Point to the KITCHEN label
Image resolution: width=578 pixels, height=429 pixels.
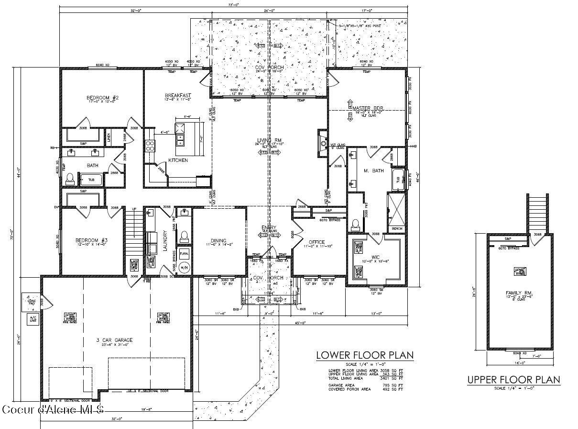tap(178, 160)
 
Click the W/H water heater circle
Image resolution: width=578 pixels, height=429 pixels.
tap(184, 267)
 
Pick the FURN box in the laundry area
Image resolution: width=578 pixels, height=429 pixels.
tap(184, 253)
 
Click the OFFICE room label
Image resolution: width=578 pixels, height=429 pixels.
tap(316, 242)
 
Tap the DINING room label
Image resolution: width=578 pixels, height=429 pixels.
tap(218, 241)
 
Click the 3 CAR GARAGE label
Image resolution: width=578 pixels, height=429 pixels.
tap(114, 340)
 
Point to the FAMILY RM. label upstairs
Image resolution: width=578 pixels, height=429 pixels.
tap(519, 293)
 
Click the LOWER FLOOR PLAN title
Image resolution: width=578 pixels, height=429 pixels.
tap(364, 355)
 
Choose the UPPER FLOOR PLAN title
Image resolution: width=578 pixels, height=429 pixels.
tap(513, 380)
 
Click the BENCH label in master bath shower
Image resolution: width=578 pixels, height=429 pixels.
tap(397, 229)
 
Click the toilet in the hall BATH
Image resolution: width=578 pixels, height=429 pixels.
tap(70, 180)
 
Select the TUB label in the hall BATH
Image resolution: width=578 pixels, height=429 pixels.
tap(91, 180)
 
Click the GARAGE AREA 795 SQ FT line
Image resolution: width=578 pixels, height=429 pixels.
tap(365, 385)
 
